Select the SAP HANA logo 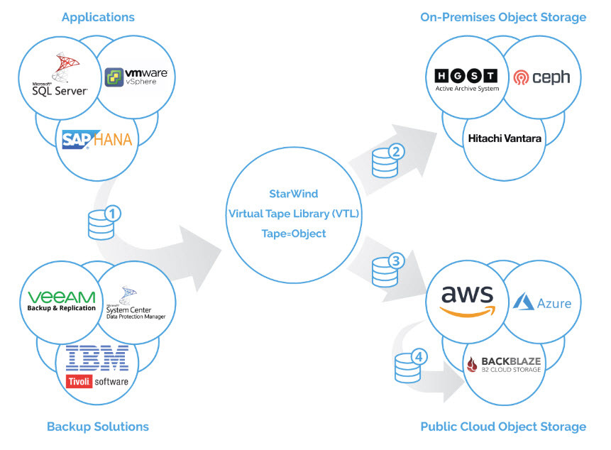click(97, 139)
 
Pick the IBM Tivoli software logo click(97, 366)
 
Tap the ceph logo click(542, 77)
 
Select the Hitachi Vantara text click(505, 138)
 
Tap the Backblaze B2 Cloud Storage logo click(504, 364)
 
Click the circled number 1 click(112, 213)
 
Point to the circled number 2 click(397, 151)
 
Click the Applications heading click(98, 17)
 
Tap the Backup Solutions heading click(98, 427)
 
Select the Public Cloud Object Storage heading click(503, 427)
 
